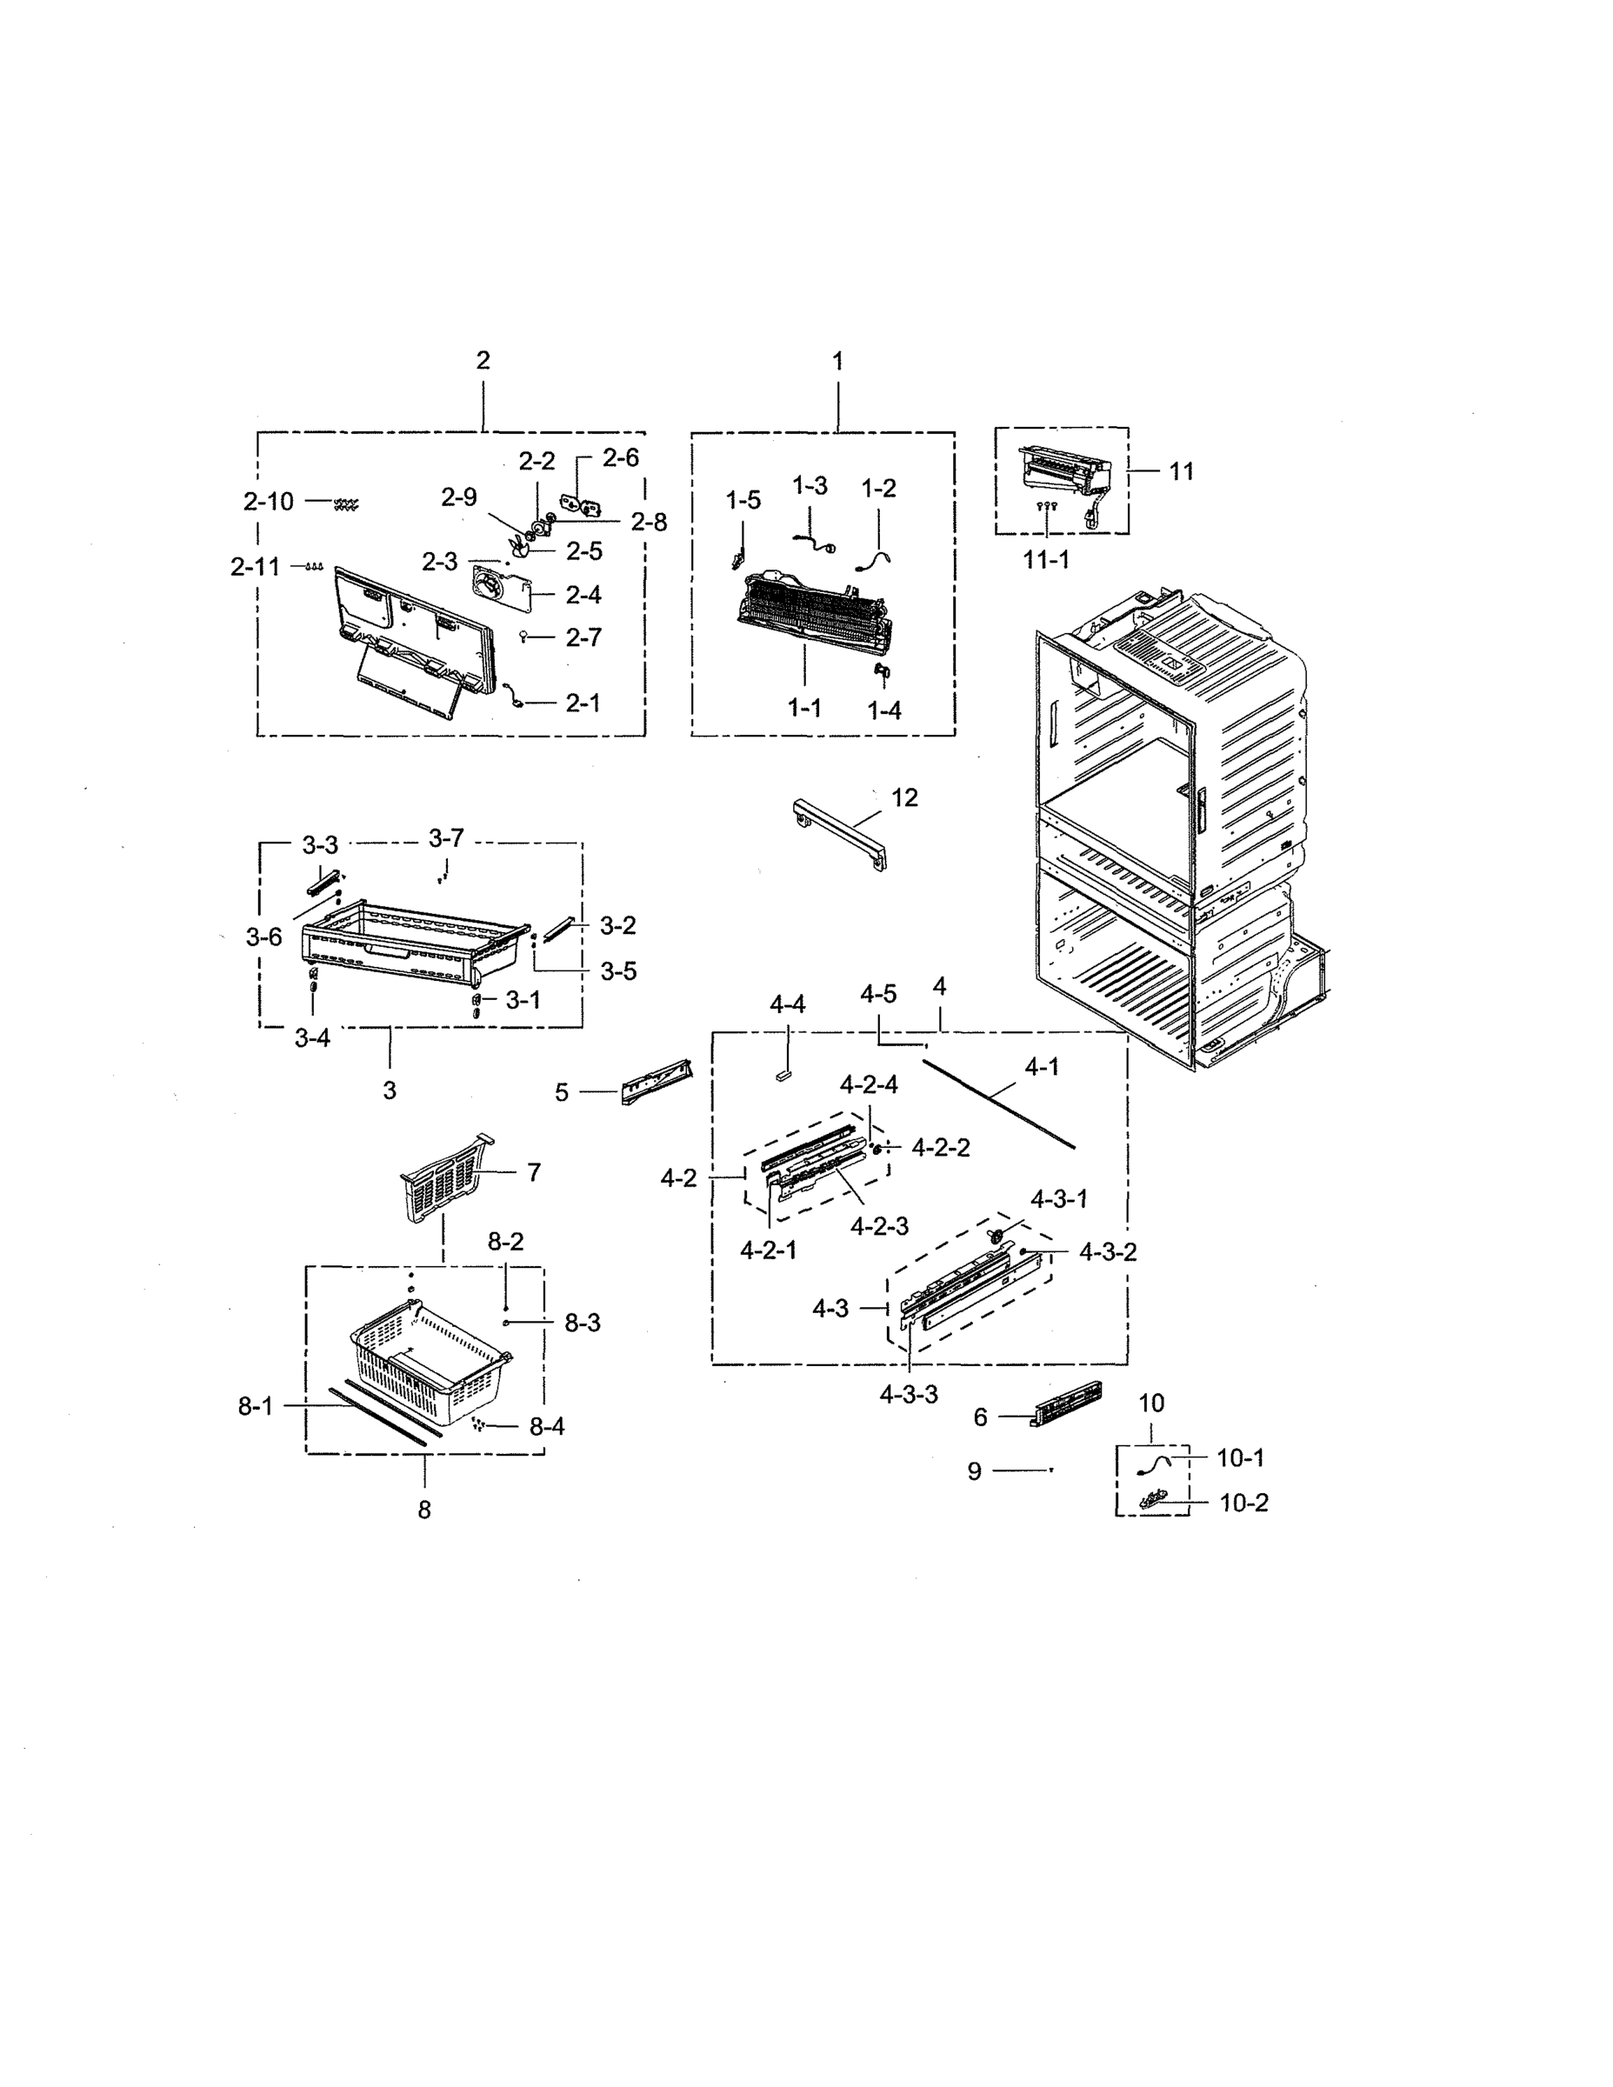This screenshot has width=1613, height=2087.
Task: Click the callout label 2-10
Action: pyautogui.click(x=269, y=502)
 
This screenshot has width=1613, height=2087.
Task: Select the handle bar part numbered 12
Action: pyautogui.click(x=839, y=833)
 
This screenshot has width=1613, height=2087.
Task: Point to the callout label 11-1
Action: pyautogui.click(x=1046, y=560)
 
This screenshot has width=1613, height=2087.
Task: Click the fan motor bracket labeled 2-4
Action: pyautogui.click(x=501, y=592)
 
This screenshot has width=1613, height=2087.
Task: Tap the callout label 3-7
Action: pyautogui.click(x=446, y=838)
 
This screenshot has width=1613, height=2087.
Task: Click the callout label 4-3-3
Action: pyautogui.click(x=909, y=1394)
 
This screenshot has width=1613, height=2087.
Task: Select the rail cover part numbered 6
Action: pyautogui.click(x=1063, y=1404)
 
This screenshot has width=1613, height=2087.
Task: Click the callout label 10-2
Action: pyautogui.click(x=1243, y=1504)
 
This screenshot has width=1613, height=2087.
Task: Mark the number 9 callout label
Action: pyautogui.click(x=974, y=1470)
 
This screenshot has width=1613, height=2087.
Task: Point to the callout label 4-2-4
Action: pyautogui.click(x=869, y=1084)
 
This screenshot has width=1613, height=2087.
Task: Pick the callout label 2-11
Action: pyautogui.click(x=255, y=567)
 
